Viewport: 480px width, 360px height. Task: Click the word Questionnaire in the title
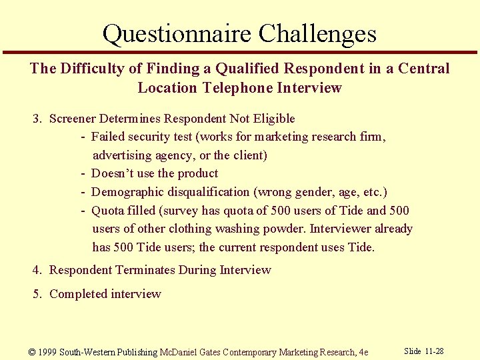(x=177, y=33)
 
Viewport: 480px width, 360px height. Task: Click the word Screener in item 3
(x=73, y=119)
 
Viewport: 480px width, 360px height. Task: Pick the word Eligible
(x=273, y=119)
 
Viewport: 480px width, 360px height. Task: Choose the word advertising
(x=123, y=155)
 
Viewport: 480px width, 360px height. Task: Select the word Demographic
(x=127, y=192)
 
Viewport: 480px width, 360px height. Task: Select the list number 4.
(x=36, y=270)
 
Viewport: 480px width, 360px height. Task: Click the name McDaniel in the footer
(x=177, y=352)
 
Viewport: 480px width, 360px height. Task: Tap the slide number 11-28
(x=434, y=351)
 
